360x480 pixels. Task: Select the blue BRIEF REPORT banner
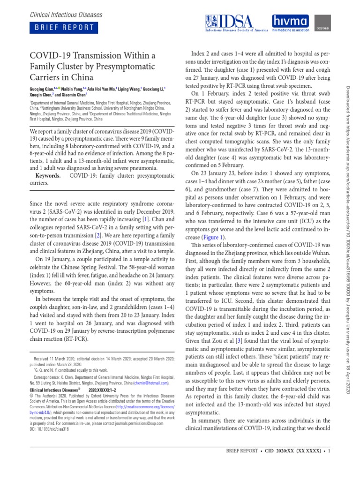coord(64,27)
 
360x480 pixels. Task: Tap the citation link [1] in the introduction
coord(146,220)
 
